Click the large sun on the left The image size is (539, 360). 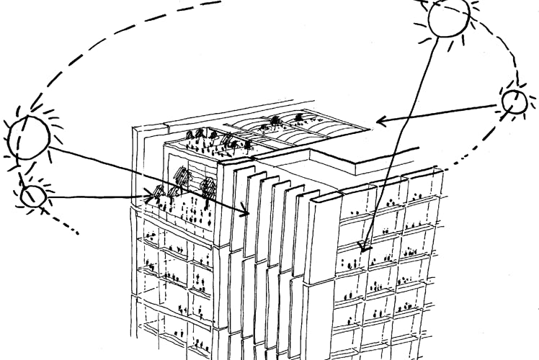click(x=29, y=137)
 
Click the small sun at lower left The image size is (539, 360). click(x=32, y=196)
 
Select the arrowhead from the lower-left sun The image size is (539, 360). click(x=153, y=194)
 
